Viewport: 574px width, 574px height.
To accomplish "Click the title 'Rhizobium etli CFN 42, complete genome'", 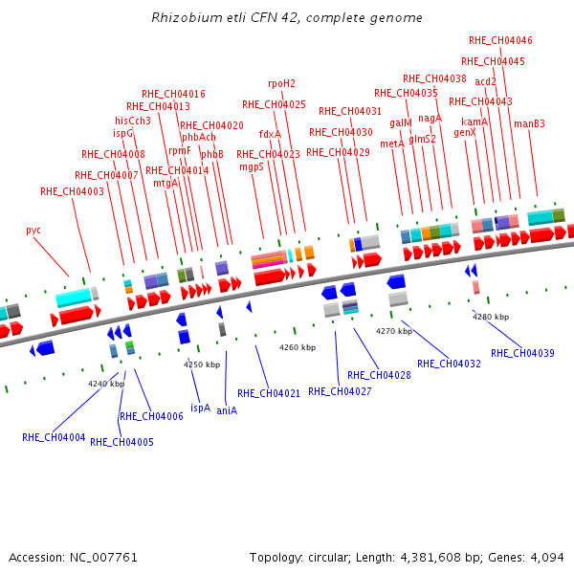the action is coord(287,18).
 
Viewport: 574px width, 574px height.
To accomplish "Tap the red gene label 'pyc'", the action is coord(33,231).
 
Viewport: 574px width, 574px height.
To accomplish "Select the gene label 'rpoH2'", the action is coord(281,84).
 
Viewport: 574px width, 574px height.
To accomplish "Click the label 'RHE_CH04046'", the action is coord(500,40).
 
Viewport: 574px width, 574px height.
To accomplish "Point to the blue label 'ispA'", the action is coord(201,408).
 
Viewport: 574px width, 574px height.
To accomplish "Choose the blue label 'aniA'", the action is coord(227,410).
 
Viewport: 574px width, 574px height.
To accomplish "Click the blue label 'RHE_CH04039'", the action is coord(522,353).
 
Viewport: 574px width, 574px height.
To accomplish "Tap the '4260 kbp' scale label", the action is coord(298,347).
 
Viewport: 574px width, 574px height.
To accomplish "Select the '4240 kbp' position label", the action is coord(106,384).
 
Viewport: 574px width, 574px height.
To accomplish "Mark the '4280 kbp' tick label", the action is coord(491,317).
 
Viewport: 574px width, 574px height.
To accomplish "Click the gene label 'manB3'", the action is coord(529,123).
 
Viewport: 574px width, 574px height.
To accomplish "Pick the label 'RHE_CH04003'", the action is coord(72,191).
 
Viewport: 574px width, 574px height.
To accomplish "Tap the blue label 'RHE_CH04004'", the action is coord(54,437).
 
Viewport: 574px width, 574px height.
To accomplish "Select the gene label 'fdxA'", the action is coord(270,134).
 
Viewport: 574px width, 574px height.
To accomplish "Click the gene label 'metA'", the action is coord(392,143).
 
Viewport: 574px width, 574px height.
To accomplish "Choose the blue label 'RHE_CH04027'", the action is coord(340,391).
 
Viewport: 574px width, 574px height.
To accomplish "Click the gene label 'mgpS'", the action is coord(252,167).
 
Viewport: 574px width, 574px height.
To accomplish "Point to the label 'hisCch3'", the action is coord(133,121).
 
